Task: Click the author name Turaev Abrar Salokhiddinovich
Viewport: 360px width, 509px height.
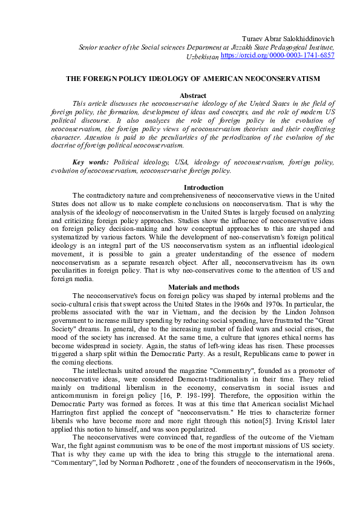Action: [289, 38]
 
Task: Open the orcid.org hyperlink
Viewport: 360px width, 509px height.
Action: [278, 55]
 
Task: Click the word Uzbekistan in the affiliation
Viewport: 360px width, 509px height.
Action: [201, 56]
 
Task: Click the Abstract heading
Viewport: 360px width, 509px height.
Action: [193, 96]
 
